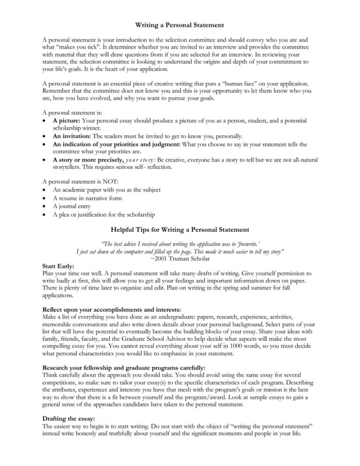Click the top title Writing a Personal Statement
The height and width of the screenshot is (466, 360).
[180, 9]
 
